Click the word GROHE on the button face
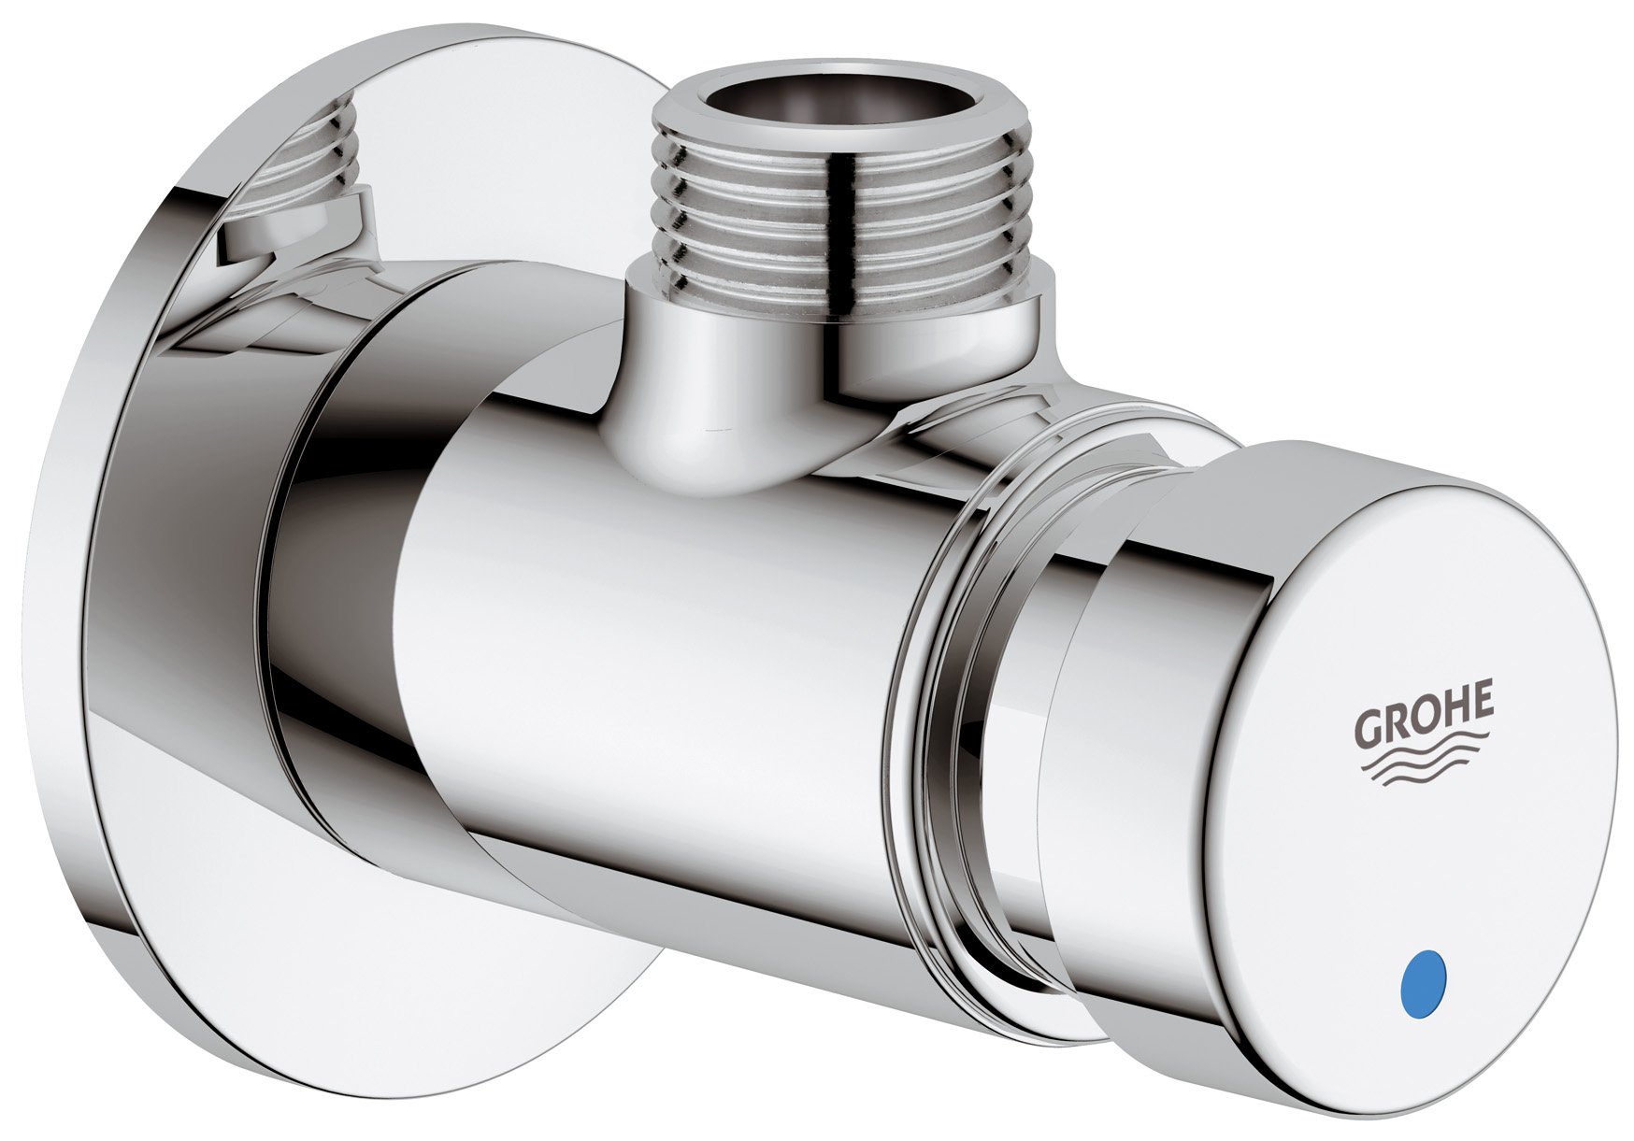(1425, 720)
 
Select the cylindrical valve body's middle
(654, 654)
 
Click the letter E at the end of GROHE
(1482, 703)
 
